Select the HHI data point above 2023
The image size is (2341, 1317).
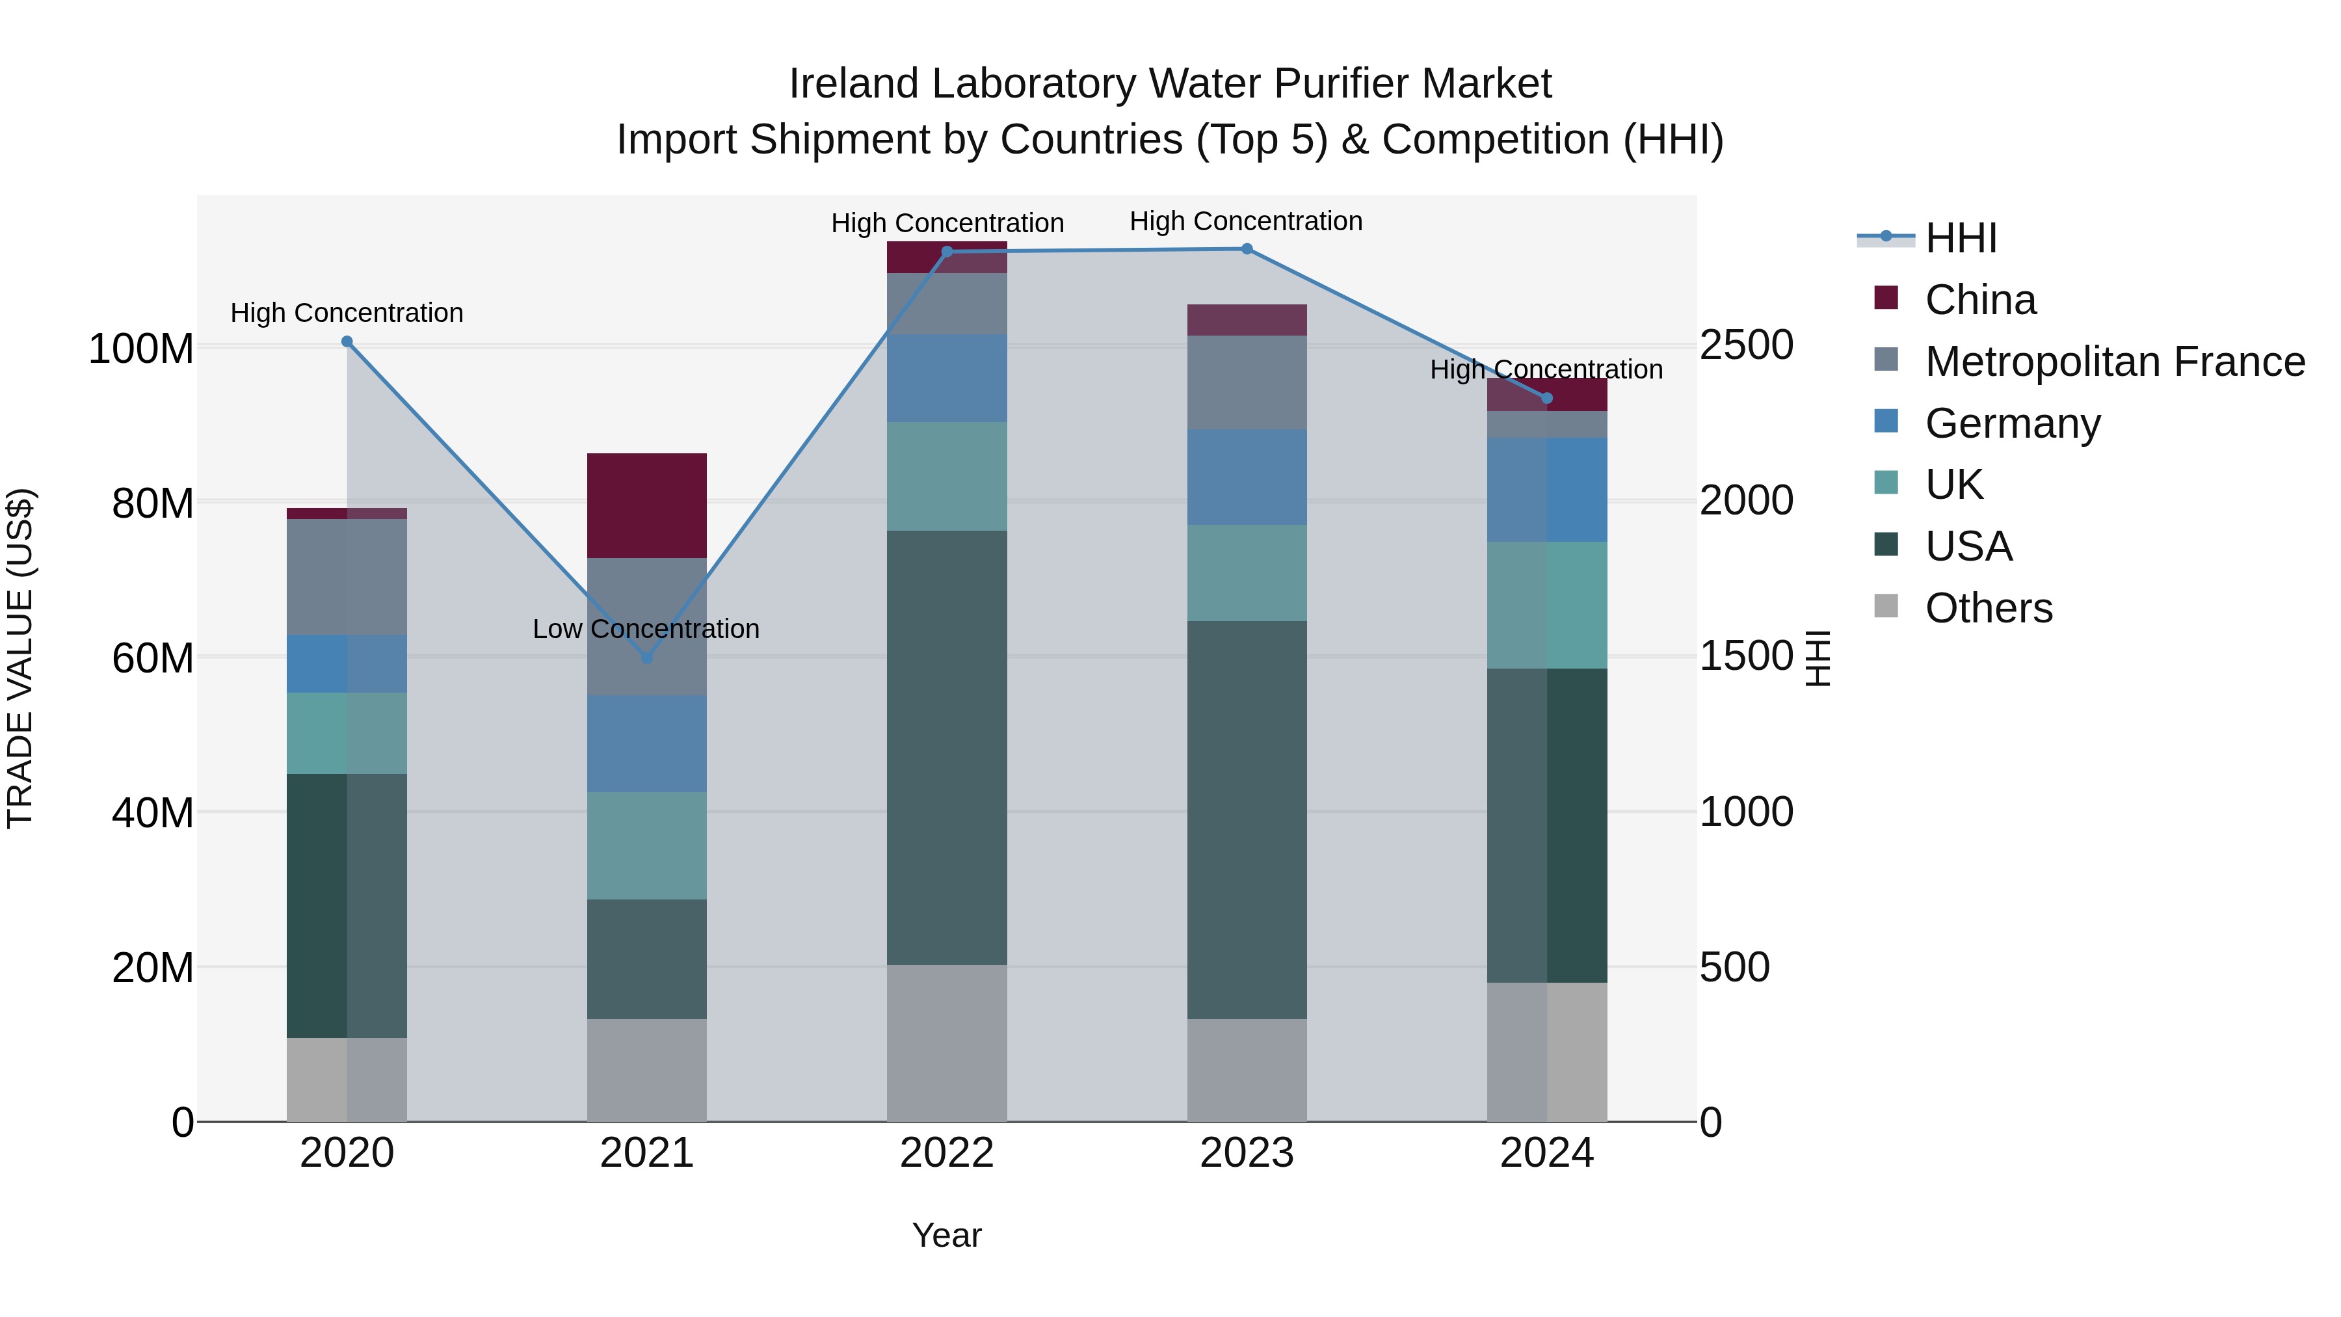(1247, 249)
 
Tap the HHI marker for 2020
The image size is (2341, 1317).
(347, 341)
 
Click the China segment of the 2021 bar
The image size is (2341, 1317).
(647, 505)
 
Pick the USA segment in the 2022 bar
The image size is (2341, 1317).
(947, 747)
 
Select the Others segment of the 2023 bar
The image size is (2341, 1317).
(1247, 1070)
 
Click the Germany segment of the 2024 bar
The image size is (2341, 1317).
(1547, 490)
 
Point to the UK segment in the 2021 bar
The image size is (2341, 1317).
(647, 845)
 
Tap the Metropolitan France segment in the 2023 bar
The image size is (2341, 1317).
(1247, 382)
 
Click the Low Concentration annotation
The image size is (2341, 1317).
(646, 629)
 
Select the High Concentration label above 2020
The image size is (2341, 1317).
(347, 313)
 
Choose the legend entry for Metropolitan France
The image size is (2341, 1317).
(2115, 362)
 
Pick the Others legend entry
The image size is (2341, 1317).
(1989, 608)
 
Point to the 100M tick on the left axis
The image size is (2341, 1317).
(141, 349)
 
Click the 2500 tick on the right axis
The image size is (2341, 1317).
(1747, 345)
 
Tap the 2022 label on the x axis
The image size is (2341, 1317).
(947, 1153)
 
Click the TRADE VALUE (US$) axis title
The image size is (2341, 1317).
(20, 658)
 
